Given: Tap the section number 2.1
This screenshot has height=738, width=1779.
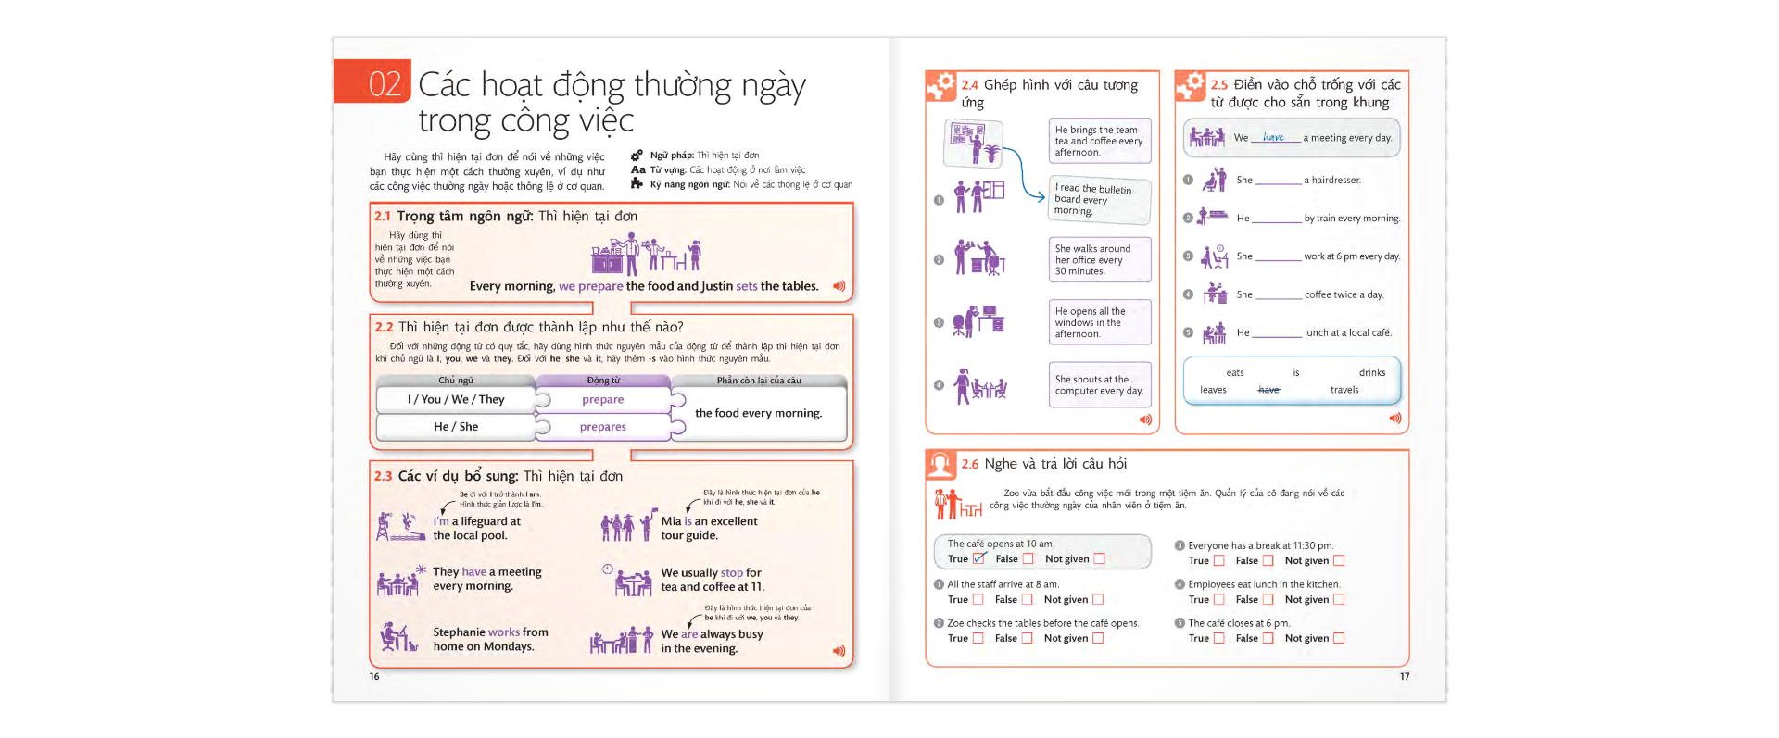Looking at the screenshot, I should [x=383, y=216].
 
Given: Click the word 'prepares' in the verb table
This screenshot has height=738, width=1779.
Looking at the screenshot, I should [x=603, y=427].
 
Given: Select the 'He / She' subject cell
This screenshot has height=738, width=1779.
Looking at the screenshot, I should [x=456, y=427].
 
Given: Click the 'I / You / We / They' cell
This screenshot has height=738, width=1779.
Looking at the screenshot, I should [x=456, y=400].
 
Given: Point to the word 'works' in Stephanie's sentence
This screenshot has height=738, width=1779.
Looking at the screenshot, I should [x=503, y=632].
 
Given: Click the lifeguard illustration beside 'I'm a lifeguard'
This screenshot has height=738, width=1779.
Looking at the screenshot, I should [x=399, y=527].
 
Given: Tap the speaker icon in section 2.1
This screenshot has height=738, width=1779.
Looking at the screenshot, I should [x=839, y=286].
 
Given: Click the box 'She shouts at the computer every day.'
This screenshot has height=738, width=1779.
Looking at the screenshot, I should [x=1099, y=385].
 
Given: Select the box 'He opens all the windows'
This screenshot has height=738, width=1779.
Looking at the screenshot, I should [x=1099, y=322].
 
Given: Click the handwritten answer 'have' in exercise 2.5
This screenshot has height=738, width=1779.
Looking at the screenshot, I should [x=1274, y=137].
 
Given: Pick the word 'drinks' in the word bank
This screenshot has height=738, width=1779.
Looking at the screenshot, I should [x=1372, y=373].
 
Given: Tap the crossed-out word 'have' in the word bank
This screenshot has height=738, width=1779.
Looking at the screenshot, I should [x=1268, y=390].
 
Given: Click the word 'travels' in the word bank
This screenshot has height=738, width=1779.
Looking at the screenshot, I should [x=1344, y=390].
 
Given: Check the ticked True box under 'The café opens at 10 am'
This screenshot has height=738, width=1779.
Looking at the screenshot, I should [x=979, y=558].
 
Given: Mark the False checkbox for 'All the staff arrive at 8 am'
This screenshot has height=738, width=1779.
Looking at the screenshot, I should [x=1027, y=599].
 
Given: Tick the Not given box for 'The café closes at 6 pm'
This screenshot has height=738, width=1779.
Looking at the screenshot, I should [x=1339, y=638].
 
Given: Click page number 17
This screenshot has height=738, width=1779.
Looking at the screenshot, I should [x=1405, y=677].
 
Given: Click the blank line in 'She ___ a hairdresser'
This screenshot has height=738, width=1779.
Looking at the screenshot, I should [x=1278, y=181].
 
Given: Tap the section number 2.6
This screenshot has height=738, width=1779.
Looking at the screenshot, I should [x=969, y=464].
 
